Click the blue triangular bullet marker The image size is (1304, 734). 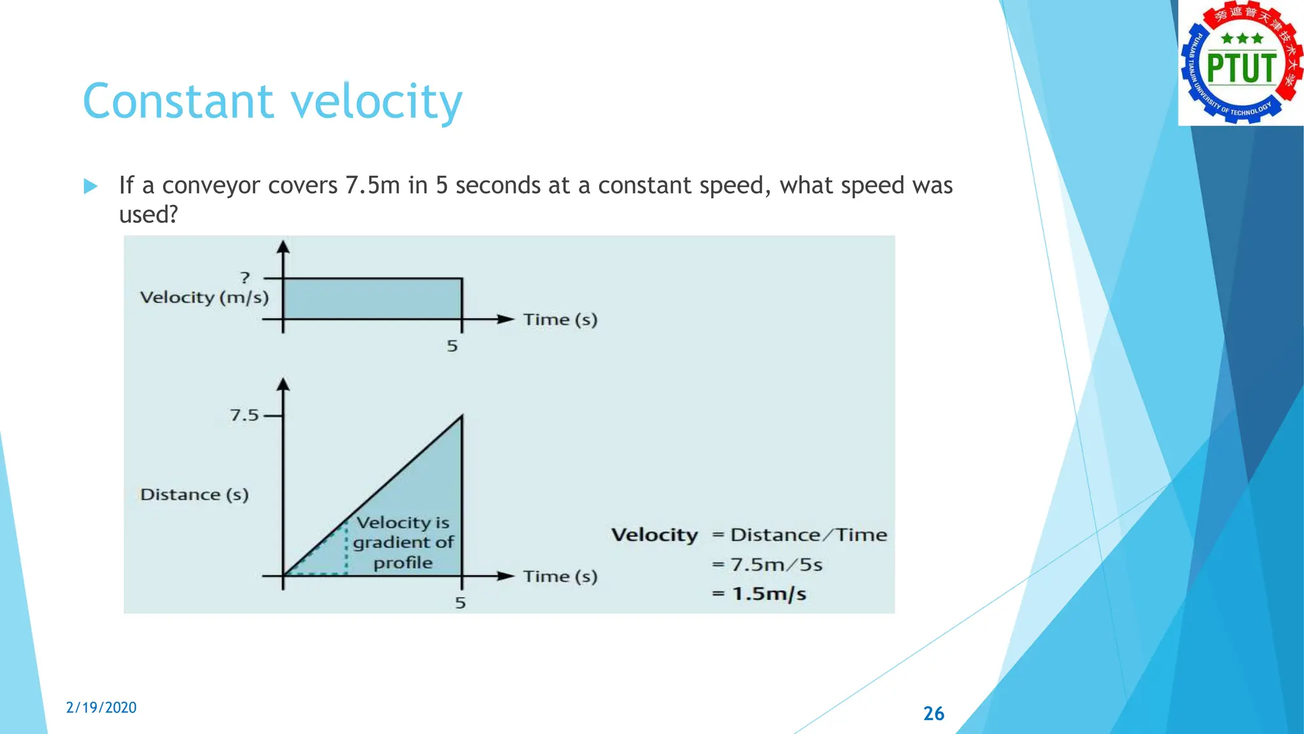pyautogui.click(x=90, y=186)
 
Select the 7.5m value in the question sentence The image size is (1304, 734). pyautogui.click(x=372, y=185)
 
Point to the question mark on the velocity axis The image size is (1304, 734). pyautogui.click(x=245, y=277)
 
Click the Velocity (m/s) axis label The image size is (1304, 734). pyautogui.click(x=204, y=298)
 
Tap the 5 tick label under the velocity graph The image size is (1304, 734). pyautogui.click(x=452, y=346)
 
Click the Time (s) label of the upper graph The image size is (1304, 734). pyautogui.click(x=560, y=319)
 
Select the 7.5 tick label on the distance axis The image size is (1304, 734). pyautogui.click(x=244, y=415)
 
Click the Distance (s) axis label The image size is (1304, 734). pyautogui.click(x=194, y=494)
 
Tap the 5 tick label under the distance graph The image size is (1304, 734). pyautogui.click(x=460, y=603)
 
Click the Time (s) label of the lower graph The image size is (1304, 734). pyautogui.click(x=560, y=576)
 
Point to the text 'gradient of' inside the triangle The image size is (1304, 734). pyautogui.click(x=403, y=542)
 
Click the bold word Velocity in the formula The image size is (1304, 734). pyautogui.click(x=655, y=535)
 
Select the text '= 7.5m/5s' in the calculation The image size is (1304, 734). pyautogui.click(x=767, y=565)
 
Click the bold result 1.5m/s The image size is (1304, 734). pyautogui.click(x=769, y=594)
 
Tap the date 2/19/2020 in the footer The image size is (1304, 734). pyautogui.click(x=101, y=707)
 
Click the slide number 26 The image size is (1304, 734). pyautogui.click(x=933, y=713)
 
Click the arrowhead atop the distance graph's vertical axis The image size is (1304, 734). pyautogui.click(x=283, y=384)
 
